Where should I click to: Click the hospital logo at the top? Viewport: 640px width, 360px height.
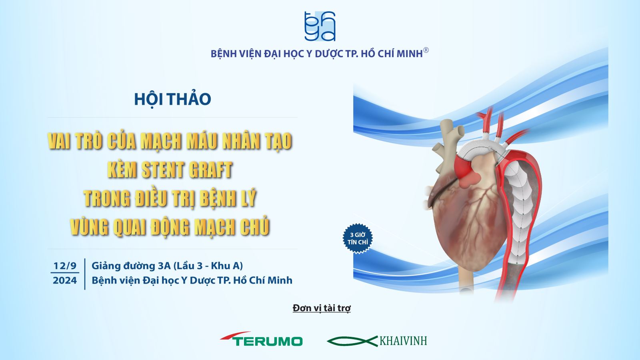pyautogui.click(x=320, y=26)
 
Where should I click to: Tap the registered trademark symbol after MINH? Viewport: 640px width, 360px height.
pyautogui.click(x=426, y=50)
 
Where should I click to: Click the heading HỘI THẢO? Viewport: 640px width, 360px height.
pyautogui.click(x=172, y=99)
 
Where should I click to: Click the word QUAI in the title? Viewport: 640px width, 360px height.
pyautogui.click(x=130, y=227)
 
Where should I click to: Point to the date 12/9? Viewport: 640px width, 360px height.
pyautogui.click(x=65, y=266)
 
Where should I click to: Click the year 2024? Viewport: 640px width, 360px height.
pyautogui.click(x=65, y=280)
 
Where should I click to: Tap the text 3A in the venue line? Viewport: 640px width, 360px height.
pyautogui.click(x=164, y=266)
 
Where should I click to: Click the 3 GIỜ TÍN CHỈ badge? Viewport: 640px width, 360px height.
pyautogui.click(x=358, y=238)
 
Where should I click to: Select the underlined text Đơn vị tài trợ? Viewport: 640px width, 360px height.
pyautogui.click(x=322, y=308)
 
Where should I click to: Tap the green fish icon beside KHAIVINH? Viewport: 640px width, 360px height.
pyautogui.click(x=352, y=341)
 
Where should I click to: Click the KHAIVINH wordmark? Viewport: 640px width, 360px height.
pyautogui.click(x=403, y=341)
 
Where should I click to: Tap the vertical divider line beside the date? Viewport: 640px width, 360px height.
pyautogui.click(x=85, y=274)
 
